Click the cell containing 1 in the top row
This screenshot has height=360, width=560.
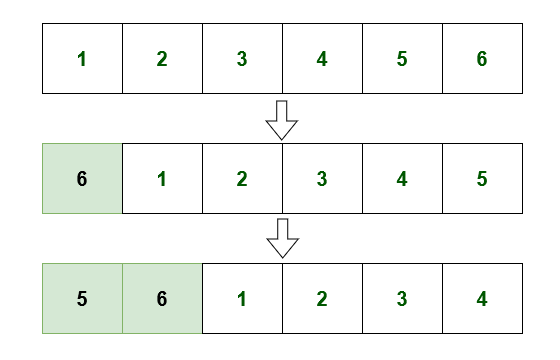pos(82,58)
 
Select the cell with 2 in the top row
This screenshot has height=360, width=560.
pos(162,58)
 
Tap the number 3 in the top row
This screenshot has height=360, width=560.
pos(242,58)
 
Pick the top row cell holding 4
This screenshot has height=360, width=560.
pos(322,58)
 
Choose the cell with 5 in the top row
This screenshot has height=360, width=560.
pos(402,58)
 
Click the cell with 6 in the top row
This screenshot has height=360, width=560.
pos(482,58)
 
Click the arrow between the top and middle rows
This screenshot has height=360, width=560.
pos(282,119)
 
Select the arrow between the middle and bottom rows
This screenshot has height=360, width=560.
pos(282,238)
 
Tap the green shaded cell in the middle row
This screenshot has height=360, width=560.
pos(82,179)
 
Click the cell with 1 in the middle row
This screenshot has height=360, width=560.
pos(162,179)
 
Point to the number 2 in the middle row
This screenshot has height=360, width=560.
pos(242,179)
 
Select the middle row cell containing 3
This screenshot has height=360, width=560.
pos(322,179)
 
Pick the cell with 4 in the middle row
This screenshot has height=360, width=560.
pos(402,179)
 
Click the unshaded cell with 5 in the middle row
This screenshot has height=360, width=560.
pos(482,179)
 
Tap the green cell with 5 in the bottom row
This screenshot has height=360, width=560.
pos(82,298)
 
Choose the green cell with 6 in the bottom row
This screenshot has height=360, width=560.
pos(162,298)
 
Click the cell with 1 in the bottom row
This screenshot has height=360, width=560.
pos(242,298)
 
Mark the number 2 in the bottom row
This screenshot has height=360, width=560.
pos(322,298)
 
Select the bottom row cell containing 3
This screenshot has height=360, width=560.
pos(402,298)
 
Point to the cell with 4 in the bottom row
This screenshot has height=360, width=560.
pos(482,298)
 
